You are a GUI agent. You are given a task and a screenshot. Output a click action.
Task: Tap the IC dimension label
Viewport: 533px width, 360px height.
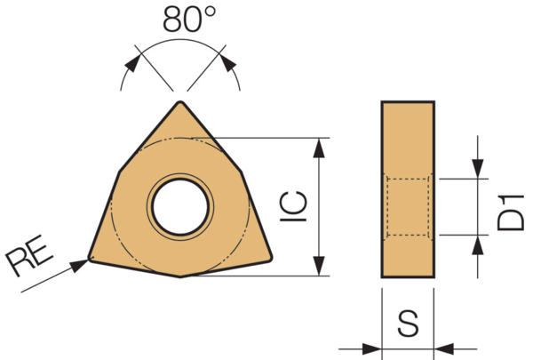click(x=298, y=206)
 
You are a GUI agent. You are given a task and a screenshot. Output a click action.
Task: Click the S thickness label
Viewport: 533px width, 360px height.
click(x=408, y=324)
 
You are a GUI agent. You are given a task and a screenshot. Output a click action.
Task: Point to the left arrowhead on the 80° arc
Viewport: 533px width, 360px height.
click(x=131, y=63)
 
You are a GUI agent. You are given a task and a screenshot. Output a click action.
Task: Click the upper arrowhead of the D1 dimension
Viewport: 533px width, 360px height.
click(x=478, y=169)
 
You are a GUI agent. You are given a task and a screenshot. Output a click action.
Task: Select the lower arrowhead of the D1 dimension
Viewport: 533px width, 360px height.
click(x=478, y=244)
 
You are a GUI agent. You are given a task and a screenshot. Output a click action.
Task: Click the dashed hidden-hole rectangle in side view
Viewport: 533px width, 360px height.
click(x=409, y=206)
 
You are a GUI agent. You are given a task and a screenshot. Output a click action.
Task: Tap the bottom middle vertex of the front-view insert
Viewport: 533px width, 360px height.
click(x=181, y=276)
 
